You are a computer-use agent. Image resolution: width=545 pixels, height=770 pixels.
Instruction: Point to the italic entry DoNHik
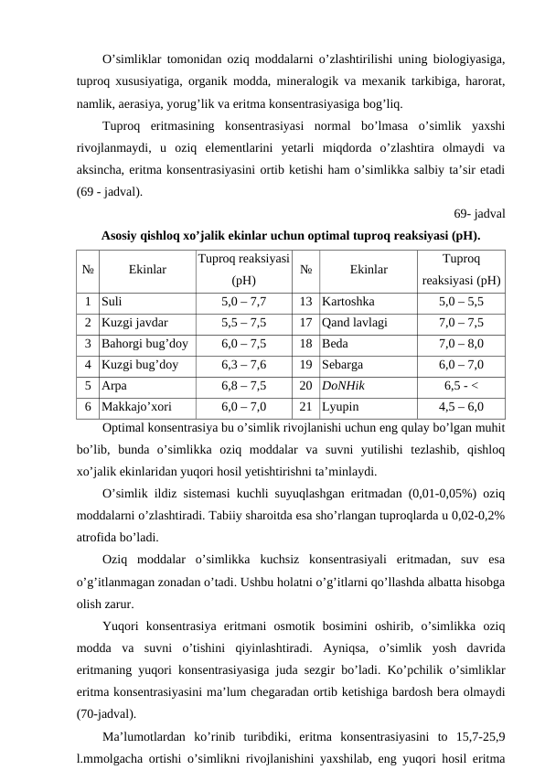344,388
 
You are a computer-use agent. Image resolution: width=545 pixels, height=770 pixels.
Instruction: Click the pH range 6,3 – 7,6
243,366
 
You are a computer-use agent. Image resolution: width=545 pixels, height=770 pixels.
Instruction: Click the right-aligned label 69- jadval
480,214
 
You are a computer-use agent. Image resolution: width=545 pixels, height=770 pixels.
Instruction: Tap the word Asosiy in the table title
123,235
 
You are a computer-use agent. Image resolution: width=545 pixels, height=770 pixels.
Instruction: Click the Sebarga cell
345,366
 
